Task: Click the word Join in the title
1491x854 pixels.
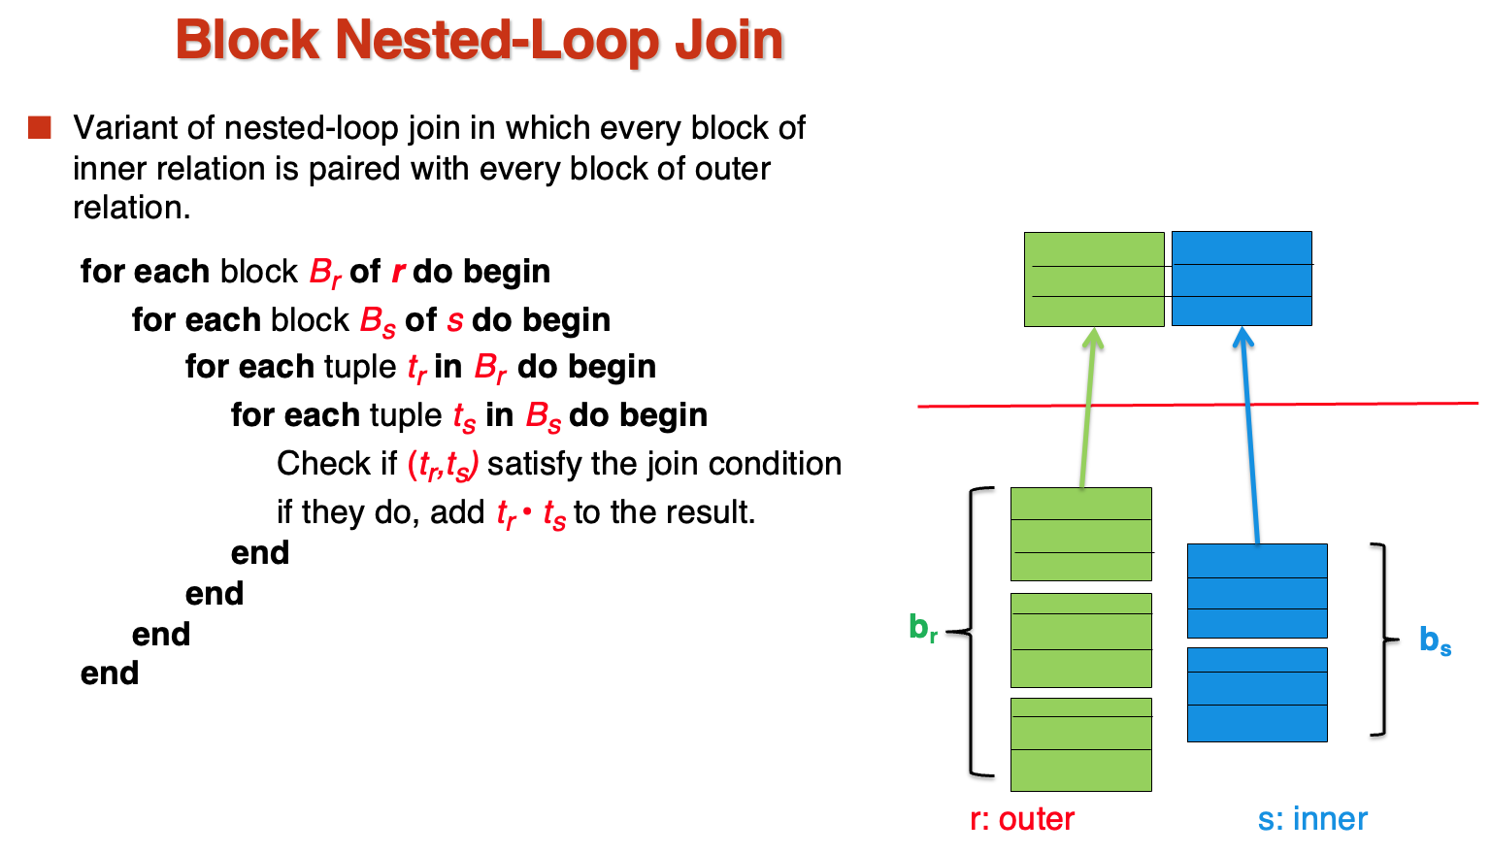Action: click(x=729, y=41)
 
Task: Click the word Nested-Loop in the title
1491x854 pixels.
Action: click(x=497, y=41)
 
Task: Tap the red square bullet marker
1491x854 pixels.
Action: click(x=39, y=128)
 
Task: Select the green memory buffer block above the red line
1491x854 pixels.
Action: click(x=1094, y=279)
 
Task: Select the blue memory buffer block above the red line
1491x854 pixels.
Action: click(x=1242, y=279)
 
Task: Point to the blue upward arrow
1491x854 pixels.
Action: click(x=1248, y=435)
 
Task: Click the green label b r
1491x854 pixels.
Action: click(x=923, y=628)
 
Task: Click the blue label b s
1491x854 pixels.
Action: click(x=1435, y=640)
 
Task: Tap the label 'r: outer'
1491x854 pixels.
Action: click(x=1022, y=819)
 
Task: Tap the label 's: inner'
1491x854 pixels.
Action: click(x=1312, y=819)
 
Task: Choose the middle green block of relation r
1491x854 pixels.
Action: click(x=1081, y=640)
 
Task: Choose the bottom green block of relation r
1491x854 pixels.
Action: click(x=1081, y=745)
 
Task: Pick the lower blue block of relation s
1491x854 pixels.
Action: click(x=1257, y=695)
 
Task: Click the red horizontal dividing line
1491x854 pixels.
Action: click(x=1198, y=404)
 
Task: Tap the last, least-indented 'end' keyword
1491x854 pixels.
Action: click(x=110, y=673)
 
